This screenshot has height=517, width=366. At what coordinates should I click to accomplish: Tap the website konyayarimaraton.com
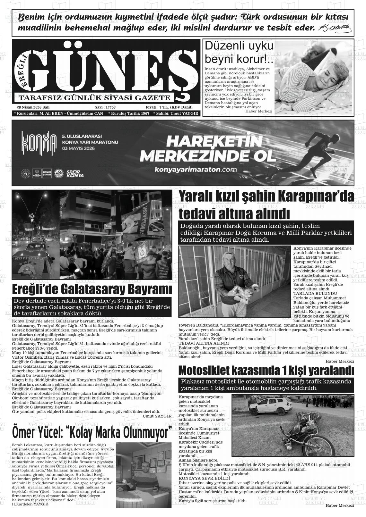[196, 170]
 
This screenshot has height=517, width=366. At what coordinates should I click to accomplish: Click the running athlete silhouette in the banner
[315, 151]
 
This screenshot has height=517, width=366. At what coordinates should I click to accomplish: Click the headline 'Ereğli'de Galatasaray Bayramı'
[92, 289]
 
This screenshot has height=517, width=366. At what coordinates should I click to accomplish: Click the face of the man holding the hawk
[228, 260]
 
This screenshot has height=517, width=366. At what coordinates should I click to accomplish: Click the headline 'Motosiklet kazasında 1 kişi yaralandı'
[266, 371]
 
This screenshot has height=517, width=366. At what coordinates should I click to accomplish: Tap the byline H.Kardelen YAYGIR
[30, 504]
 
